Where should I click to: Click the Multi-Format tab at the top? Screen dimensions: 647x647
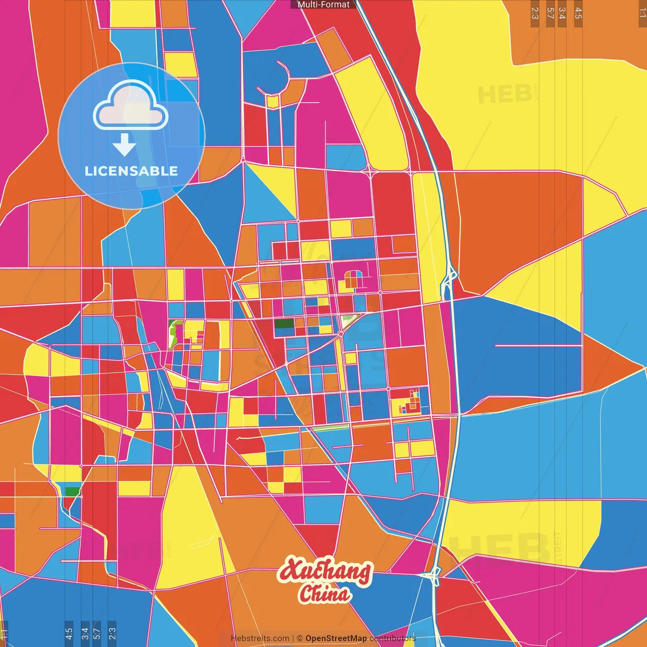pos(323,5)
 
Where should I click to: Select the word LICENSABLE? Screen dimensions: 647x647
pos(131,171)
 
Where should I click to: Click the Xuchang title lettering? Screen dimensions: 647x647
pos(325,572)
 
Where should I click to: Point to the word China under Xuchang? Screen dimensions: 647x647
pos(325,594)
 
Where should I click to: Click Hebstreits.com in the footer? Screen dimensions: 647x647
pos(260,638)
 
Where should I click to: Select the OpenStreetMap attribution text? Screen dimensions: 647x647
pos(336,638)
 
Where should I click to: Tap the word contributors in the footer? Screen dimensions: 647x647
pos(392,638)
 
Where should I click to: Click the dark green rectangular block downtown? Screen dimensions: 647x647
pos(284,324)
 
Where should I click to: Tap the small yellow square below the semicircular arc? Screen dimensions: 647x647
pos(273,102)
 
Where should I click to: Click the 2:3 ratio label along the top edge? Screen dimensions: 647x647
pos(535,13)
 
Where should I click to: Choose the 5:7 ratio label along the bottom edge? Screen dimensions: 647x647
pos(97,633)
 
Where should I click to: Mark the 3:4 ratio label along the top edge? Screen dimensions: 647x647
pos(562,13)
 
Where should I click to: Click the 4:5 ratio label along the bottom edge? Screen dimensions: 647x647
pos(69,633)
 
